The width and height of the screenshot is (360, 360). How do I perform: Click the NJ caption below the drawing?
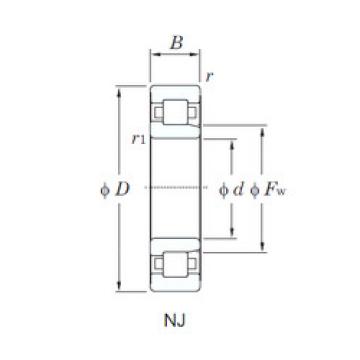pos(177,323)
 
